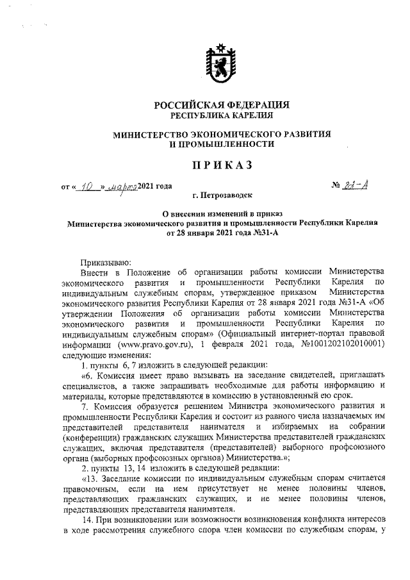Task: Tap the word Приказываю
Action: click(x=105, y=261)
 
